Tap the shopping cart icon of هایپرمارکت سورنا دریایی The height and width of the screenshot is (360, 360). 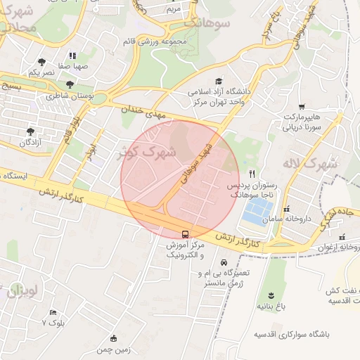(x=302, y=106)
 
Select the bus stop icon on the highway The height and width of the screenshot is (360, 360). (x=185, y=234)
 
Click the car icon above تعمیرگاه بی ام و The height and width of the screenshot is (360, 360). (x=224, y=262)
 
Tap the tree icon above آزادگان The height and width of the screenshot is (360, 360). (x=30, y=131)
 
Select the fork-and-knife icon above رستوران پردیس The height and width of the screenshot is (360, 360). (x=252, y=174)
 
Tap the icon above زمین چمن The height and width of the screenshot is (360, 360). (x=114, y=338)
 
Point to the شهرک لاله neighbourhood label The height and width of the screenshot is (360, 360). (x=311, y=166)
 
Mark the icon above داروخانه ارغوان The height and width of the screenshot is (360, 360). (x=342, y=236)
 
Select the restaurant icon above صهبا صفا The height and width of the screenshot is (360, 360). (x=72, y=56)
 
